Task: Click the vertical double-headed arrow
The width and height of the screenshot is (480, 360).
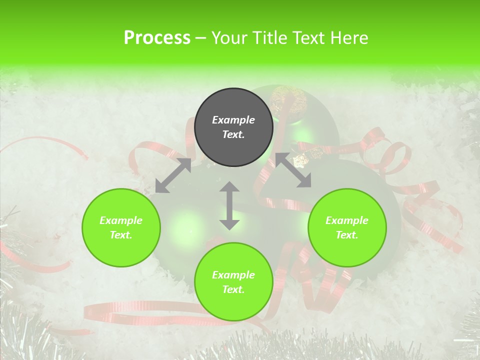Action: click(x=229, y=206)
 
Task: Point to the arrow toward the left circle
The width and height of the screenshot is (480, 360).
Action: click(x=173, y=175)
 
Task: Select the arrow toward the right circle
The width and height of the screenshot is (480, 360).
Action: click(x=293, y=170)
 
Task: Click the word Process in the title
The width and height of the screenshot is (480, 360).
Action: click(x=157, y=38)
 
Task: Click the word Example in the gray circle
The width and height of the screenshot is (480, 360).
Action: click(x=233, y=120)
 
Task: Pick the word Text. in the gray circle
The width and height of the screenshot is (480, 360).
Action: click(x=233, y=134)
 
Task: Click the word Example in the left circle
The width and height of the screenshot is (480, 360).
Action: click(x=121, y=220)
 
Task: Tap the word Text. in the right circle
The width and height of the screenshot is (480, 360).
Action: click(x=347, y=235)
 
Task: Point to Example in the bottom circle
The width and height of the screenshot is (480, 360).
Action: click(x=233, y=275)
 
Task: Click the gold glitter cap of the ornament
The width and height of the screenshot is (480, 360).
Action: click(x=288, y=100)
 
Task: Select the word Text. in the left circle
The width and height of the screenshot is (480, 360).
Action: click(x=121, y=235)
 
